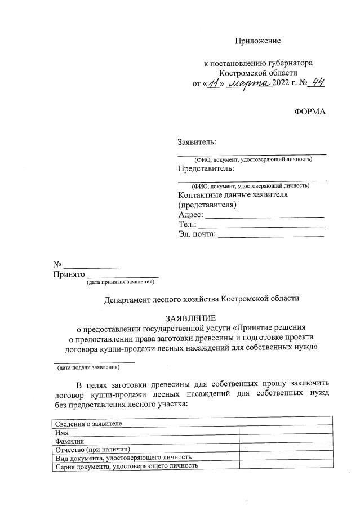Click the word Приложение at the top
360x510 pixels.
pyautogui.click(x=257, y=41)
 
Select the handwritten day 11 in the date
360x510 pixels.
pyautogui.click(x=212, y=83)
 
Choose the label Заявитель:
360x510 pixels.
pyautogui.click(x=197, y=142)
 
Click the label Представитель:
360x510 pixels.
pyautogui.click(x=206, y=168)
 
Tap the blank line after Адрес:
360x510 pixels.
pyautogui.click(x=264, y=215)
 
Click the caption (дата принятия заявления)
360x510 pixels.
pyautogui.click(x=121, y=282)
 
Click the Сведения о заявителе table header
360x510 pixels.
pyautogui.click(x=87, y=423)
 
